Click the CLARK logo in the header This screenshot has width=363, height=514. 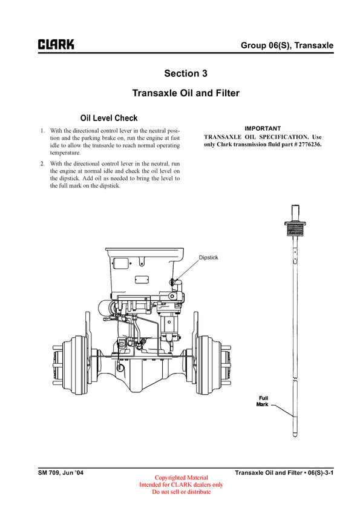[x=56, y=45]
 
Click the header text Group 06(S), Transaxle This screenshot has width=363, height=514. [x=287, y=45]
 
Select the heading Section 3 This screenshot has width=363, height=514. [x=186, y=73]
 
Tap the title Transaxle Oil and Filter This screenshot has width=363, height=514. [x=186, y=93]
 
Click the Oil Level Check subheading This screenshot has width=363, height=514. [x=109, y=118]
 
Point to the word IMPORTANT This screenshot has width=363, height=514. [x=263, y=128]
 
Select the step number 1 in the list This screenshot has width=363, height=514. [x=42, y=130]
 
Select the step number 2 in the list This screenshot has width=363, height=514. [x=42, y=164]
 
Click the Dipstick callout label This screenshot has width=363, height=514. [x=208, y=258]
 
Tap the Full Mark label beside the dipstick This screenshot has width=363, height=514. [x=262, y=401]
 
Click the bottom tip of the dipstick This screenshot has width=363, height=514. [x=294, y=434]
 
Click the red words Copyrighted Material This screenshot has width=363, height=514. [x=181, y=478]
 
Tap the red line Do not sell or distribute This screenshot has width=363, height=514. [x=181, y=492]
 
